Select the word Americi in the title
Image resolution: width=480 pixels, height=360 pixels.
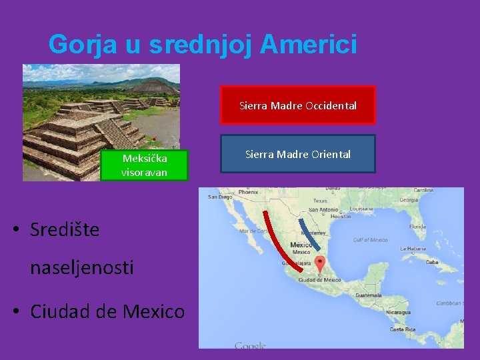[309, 45]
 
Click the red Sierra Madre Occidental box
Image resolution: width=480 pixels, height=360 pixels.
[298, 105]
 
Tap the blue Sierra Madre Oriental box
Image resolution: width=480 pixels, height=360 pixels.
[298, 154]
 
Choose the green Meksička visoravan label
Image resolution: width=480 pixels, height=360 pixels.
[145, 165]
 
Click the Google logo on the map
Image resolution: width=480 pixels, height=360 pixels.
[250, 345]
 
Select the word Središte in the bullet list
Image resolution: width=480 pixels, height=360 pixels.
[65, 230]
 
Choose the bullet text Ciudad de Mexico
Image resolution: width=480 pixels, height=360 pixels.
[107, 311]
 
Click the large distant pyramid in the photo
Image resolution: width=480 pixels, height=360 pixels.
[153, 85]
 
